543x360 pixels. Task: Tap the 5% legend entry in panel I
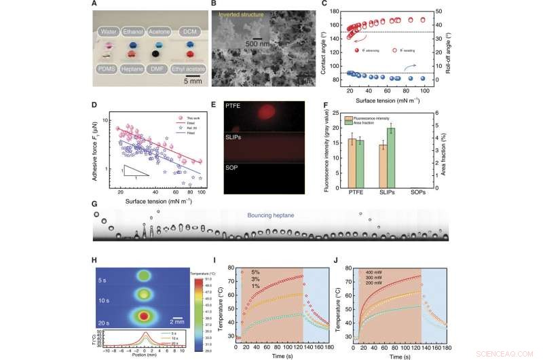[x=261, y=272]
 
